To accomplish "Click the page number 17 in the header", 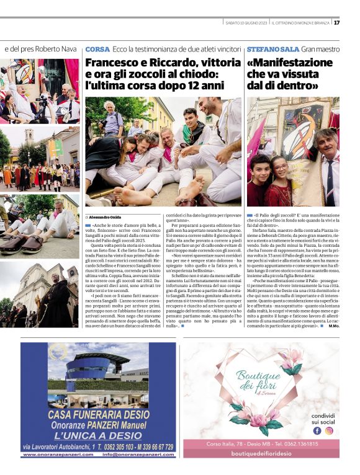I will (336, 23).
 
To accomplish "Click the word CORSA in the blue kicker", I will (97, 49).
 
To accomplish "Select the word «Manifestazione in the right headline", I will (290, 63).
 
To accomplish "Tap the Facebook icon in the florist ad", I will (317, 430).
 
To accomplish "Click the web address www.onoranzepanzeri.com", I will (57, 455).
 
